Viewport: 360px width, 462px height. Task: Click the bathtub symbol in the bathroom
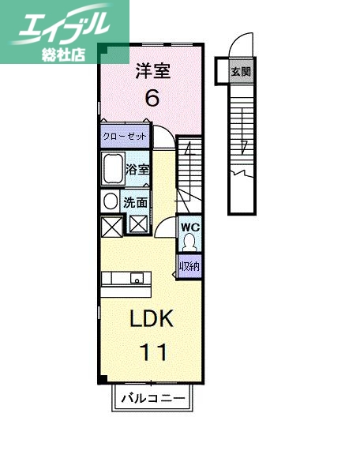point(112,169)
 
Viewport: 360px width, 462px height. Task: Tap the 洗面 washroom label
point(135,202)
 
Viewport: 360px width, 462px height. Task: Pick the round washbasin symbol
point(111,201)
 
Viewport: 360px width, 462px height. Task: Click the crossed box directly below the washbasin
point(111,225)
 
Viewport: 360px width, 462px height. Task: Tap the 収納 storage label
point(188,266)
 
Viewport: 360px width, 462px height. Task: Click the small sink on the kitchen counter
point(137,278)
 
